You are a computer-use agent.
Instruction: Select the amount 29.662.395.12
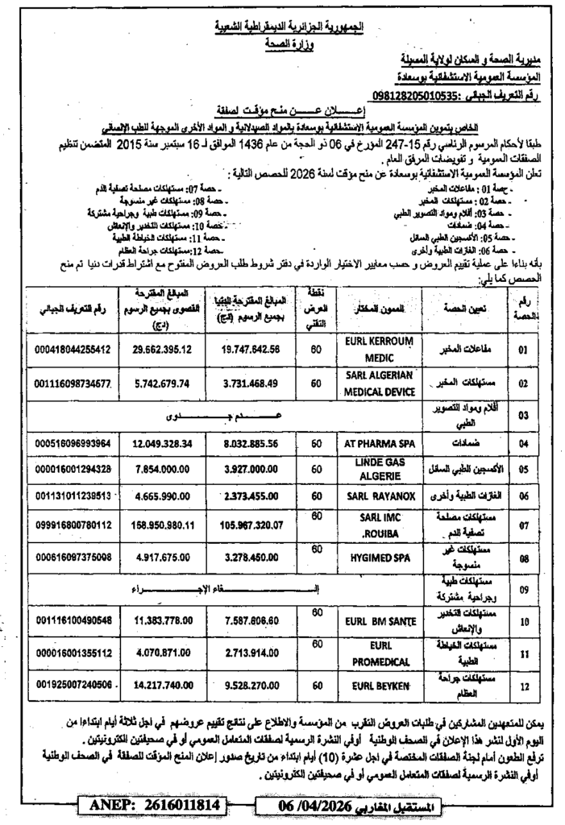(x=162, y=349)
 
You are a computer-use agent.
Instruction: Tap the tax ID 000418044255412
(x=73, y=349)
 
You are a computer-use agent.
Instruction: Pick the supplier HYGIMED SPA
(x=377, y=558)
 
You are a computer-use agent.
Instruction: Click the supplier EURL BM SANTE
(x=377, y=621)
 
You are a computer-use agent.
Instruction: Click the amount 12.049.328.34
(x=162, y=443)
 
